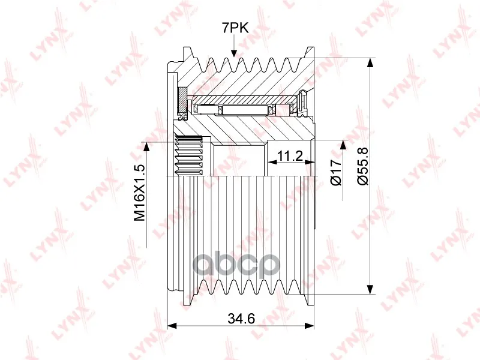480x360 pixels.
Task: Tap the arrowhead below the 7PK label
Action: pyautogui.click(x=234, y=53)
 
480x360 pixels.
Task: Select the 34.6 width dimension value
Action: pyautogui.click(x=241, y=319)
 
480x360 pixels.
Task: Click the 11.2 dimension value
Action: pyautogui.click(x=290, y=156)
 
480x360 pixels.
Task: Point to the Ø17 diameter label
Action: pyautogui.click(x=336, y=172)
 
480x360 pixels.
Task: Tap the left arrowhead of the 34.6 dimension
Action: pyautogui.click(x=173, y=325)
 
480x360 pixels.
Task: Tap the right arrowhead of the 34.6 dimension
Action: pyautogui.click(x=309, y=325)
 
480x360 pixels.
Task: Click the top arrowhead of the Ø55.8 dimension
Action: pyautogui.click(x=370, y=62)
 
